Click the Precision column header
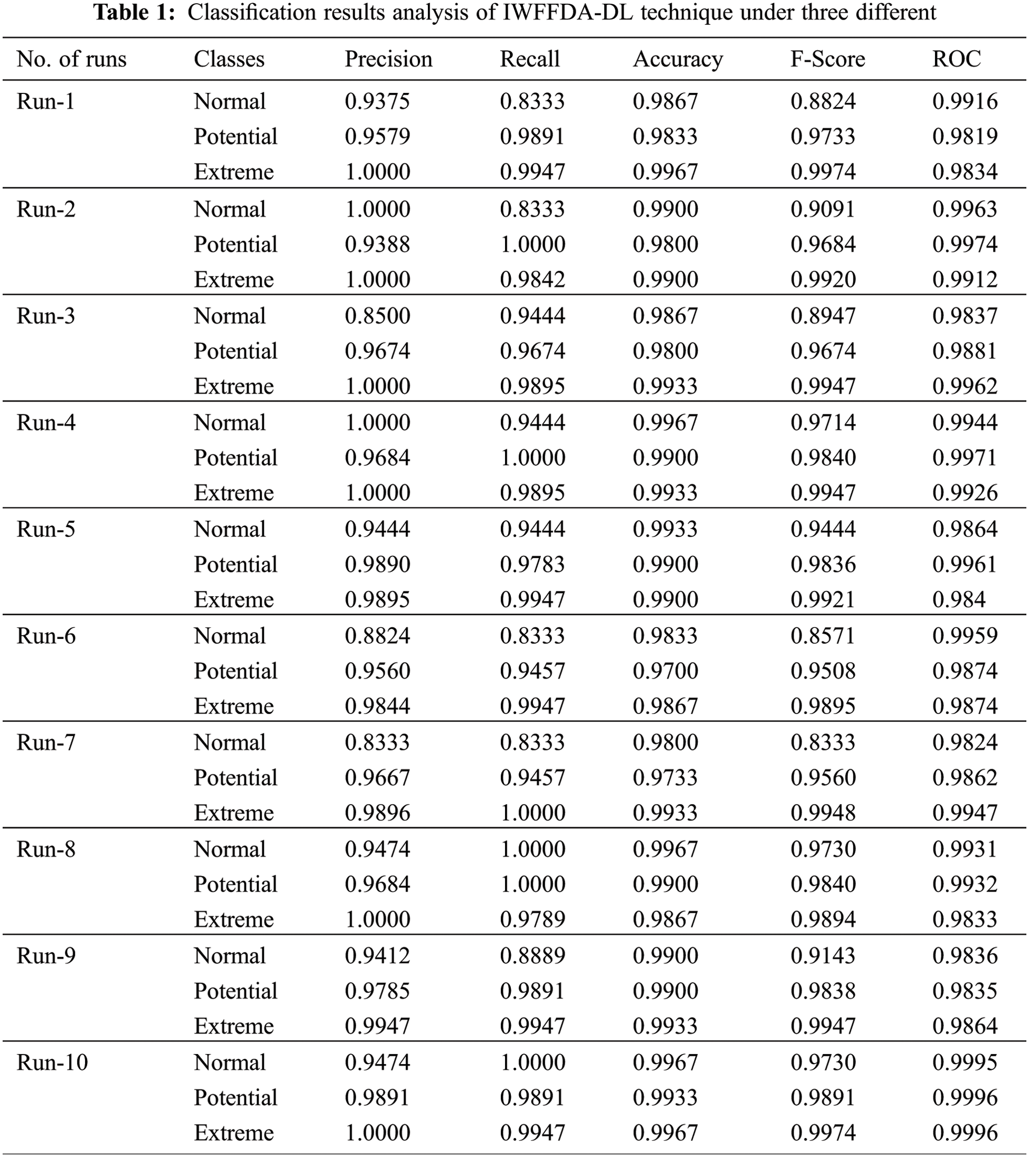pyautogui.click(x=388, y=59)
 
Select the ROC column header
pyautogui.click(x=956, y=59)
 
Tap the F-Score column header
pyautogui.click(x=827, y=59)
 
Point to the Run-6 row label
pyautogui.click(x=46, y=636)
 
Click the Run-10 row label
pyautogui.click(x=52, y=1063)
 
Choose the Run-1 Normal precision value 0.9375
pyautogui.click(x=377, y=101)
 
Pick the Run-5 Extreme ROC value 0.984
pyautogui.click(x=959, y=599)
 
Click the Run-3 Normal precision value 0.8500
pyautogui.click(x=377, y=316)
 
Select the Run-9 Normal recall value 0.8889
pyautogui.click(x=532, y=956)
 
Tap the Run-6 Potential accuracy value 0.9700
pyautogui.click(x=665, y=671)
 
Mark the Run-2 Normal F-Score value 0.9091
pyautogui.click(x=823, y=209)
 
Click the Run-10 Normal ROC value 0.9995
pyautogui.click(x=965, y=1063)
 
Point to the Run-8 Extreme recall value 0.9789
pyautogui.click(x=532, y=919)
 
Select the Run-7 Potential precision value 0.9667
pyautogui.click(x=377, y=778)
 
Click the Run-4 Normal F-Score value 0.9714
pyautogui.click(x=823, y=423)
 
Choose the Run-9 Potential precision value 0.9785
pyautogui.click(x=377, y=991)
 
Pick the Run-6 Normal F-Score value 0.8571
pyautogui.click(x=823, y=636)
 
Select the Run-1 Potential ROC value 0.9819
pyautogui.click(x=965, y=137)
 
